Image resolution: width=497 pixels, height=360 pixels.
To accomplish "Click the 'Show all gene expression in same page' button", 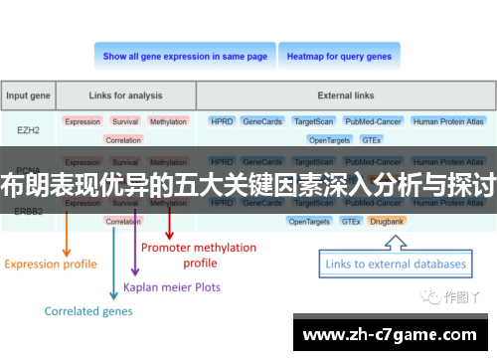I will click(185, 57).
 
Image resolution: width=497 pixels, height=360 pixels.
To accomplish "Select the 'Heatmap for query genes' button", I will click(339, 57).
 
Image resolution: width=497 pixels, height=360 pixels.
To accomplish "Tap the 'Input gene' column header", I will click(29, 96).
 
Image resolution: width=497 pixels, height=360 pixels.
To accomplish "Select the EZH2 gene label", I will click(29, 129).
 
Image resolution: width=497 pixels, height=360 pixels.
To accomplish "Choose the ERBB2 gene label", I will click(29, 211).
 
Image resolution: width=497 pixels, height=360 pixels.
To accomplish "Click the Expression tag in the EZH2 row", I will click(83, 121).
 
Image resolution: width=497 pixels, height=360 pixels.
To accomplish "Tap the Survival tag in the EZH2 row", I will click(125, 121).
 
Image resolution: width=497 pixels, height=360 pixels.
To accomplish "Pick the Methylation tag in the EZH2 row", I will click(168, 121).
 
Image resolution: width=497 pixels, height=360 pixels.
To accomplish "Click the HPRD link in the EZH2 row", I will click(221, 121).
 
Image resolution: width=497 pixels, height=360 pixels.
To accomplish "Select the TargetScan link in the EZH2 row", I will click(313, 121).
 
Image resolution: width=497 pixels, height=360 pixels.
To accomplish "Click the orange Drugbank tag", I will click(388, 221).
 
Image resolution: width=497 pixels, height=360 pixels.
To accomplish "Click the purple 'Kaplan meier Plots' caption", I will click(172, 287).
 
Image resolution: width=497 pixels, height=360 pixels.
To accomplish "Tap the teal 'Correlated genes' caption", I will click(87, 311).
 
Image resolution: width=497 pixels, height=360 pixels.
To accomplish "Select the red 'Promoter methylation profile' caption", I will click(199, 255).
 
